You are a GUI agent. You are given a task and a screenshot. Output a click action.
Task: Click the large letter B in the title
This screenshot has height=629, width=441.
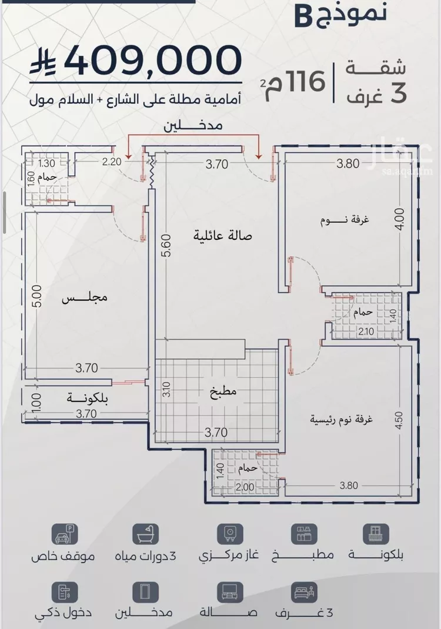coord(303,16)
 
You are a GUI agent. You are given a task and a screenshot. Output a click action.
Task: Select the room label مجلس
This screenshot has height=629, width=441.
coord(85,298)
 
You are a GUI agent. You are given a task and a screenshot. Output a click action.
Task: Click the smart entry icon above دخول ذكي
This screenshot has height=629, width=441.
coord(64,593)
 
